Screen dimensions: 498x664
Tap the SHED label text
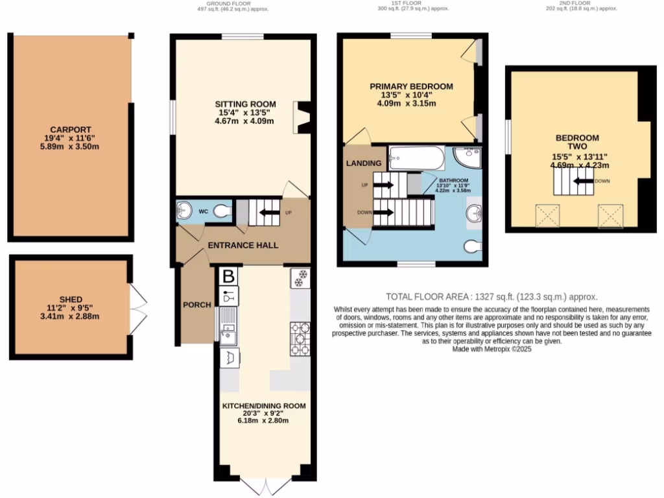click(x=71, y=299)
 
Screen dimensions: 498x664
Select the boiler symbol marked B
click(x=228, y=277)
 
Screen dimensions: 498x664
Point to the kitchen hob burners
click(x=300, y=338)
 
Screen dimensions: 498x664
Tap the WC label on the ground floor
click(x=203, y=211)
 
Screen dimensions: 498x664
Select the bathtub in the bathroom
click(x=416, y=158)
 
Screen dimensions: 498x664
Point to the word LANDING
click(x=364, y=163)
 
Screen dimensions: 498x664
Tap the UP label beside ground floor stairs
click(x=288, y=212)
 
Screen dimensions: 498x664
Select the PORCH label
click(x=197, y=305)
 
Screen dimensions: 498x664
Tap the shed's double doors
click(x=139, y=306)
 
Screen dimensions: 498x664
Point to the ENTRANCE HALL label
click(x=243, y=245)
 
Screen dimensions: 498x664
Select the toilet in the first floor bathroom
click(x=473, y=244)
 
